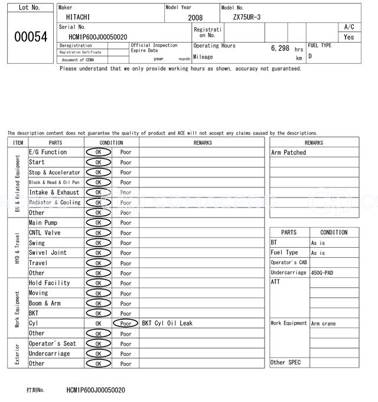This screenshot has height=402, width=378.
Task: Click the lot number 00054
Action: point(30,37)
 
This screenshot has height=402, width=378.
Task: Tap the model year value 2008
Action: point(195,18)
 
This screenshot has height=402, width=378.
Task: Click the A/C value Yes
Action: point(349,37)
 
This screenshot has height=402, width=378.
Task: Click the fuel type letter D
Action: point(310,56)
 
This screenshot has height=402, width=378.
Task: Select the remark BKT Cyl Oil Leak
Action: point(167,323)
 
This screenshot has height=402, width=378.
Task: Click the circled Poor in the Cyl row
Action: point(126,323)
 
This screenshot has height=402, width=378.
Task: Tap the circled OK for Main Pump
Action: point(98,223)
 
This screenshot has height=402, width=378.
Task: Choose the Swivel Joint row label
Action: point(48,253)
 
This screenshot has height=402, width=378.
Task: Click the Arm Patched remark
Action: point(288,153)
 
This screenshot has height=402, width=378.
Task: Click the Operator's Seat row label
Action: point(52,343)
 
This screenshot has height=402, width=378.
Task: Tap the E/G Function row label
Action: point(48,153)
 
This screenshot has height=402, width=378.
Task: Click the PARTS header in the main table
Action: point(56,142)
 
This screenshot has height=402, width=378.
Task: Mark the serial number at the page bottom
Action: point(96,390)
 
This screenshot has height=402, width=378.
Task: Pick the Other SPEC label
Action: point(285,362)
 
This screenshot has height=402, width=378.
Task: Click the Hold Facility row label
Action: point(50,283)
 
